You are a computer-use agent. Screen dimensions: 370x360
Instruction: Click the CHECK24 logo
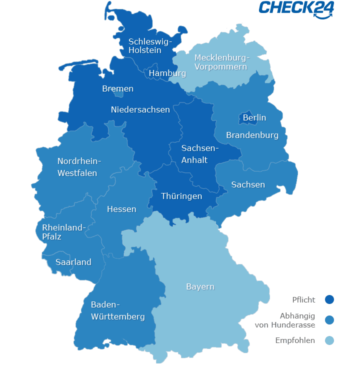click(296, 8)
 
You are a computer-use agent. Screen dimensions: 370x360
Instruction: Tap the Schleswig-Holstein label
click(149, 46)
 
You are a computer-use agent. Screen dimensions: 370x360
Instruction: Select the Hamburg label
click(167, 73)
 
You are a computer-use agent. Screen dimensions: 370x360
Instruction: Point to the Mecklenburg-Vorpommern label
click(221, 62)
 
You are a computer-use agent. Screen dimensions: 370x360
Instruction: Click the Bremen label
click(117, 89)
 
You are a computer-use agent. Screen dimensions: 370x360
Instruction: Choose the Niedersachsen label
click(140, 109)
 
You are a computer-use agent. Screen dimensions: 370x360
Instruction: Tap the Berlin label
click(254, 118)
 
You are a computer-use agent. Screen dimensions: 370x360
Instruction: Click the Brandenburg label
click(252, 135)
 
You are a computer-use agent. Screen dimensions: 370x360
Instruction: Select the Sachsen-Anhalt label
click(199, 154)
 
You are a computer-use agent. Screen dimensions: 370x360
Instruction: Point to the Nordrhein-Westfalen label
click(79, 167)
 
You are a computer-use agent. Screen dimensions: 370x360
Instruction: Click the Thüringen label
click(181, 196)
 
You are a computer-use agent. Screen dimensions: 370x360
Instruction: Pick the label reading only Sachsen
click(248, 185)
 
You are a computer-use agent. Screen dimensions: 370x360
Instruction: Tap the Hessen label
click(121, 209)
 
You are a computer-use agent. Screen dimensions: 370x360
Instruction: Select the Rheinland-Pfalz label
click(63, 232)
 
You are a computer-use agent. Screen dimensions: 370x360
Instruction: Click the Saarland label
click(73, 262)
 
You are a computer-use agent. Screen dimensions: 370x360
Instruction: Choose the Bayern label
click(200, 287)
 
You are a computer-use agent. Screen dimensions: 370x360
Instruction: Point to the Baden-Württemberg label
click(117, 310)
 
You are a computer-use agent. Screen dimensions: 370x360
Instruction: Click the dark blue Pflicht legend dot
click(329, 300)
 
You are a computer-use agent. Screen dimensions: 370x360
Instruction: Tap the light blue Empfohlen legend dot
click(329, 341)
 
